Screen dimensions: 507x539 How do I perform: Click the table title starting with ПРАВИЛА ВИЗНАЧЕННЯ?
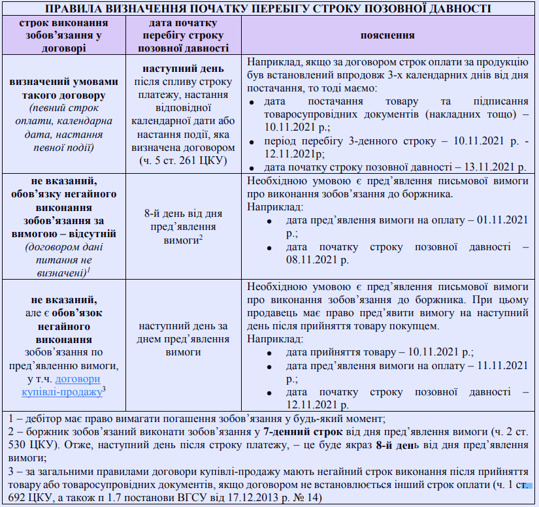click(x=269, y=8)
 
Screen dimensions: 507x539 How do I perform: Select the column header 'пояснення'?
click(x=388, y=36)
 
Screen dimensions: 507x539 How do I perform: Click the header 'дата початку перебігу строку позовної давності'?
click(x=182, y=36)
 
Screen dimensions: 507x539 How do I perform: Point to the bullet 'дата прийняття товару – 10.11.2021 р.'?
click(x=379, y=352)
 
